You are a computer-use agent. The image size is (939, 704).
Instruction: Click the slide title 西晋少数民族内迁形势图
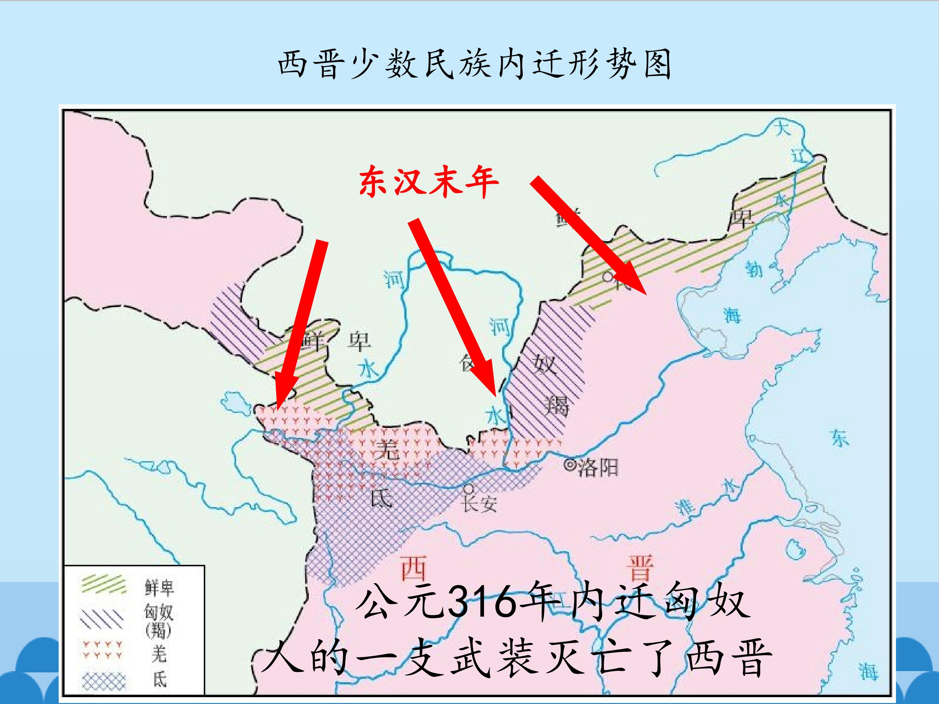[474, 64]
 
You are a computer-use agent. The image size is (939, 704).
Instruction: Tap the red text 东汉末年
[428, 182]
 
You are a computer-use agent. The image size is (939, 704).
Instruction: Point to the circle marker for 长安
[468, 489]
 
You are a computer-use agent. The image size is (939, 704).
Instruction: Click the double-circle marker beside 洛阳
[569, 465]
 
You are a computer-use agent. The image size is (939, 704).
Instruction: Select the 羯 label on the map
[557, 405]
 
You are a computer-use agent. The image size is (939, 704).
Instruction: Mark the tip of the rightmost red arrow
[646, 294]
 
